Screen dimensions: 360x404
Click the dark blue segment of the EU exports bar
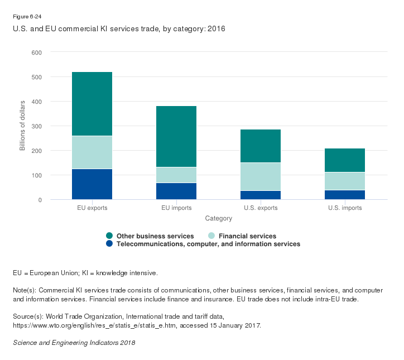tap(92, 184)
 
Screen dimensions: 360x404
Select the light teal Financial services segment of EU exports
tap(92, 152)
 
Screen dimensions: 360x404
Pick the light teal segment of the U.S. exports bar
tap(260, 177)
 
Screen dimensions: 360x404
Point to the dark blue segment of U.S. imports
tap(344, 195)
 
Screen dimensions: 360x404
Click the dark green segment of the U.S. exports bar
tap(260, 146)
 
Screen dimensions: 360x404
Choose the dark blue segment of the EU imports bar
tap(176, 191)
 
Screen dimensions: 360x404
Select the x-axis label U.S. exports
tap(260, 208)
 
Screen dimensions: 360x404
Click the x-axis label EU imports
tap(176, 208)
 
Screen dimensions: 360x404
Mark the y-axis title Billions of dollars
tap(23, 126)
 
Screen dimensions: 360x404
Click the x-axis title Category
tap(218, 218)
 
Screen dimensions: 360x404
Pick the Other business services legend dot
tap(110, 236)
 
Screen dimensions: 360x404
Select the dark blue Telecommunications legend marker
tap(110, 244)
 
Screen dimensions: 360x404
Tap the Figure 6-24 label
tap(27, 17)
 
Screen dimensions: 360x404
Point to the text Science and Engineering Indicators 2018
tap(74, 342)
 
